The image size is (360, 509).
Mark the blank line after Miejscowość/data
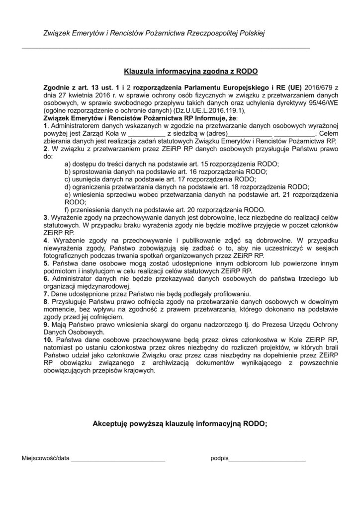(118, 460)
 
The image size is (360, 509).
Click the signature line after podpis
(267, 460)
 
